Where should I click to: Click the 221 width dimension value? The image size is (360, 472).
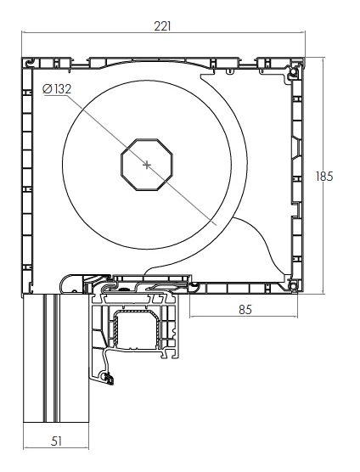[162, 25]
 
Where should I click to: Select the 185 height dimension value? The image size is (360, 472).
[323, 177]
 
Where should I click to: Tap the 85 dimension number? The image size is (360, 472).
[245, 309]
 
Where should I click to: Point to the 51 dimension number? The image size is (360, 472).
[56, 440]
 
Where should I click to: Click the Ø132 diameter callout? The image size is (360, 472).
[57, 88]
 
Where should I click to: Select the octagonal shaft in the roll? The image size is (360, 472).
[148, 164]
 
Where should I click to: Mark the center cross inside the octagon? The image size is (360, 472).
[148, 164]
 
